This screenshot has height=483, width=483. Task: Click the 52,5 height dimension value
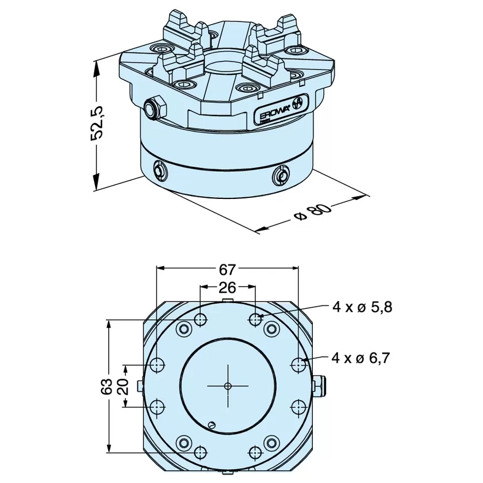tap(98, 123)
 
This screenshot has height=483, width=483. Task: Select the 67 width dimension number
tap(227, 270)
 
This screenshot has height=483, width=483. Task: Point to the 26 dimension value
tap(227, 287)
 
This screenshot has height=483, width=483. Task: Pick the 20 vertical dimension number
tap(122, 386)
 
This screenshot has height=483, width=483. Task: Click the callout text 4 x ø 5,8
tap(362, 307)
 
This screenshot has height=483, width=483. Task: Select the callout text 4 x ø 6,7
tap(361, 358)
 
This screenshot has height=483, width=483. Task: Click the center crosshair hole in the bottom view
tap(228, 386)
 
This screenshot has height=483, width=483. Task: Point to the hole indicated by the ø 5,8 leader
tap(256, 320)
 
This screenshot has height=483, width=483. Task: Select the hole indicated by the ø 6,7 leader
tap(298, 365)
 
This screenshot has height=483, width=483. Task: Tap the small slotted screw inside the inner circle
tap(211, 425)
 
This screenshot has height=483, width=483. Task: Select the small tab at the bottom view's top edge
tap(228, 300)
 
